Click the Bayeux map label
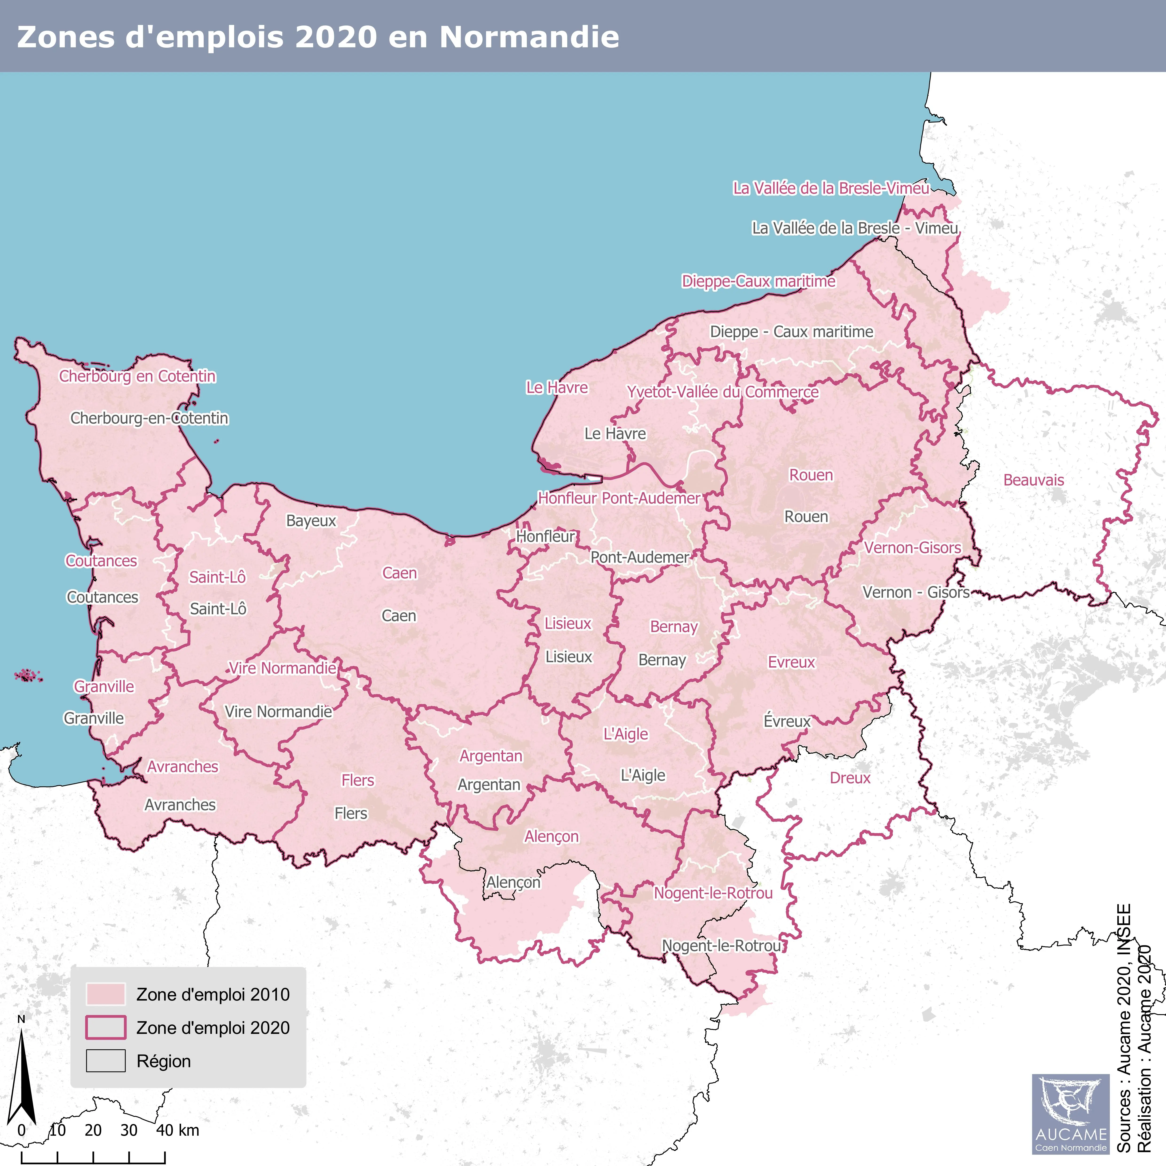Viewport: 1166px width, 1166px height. coord(311,521)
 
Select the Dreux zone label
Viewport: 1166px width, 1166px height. coord(850,778)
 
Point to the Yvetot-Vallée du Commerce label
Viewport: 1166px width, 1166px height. coord(722,392)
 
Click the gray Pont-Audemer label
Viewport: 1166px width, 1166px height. coord(639,558)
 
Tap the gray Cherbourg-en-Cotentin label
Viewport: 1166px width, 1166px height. coord(149,418)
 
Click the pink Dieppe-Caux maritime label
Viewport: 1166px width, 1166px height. coord(758,281)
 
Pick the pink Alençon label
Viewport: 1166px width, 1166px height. coord(551,836)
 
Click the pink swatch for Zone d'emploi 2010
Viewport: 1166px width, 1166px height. coord(106,994)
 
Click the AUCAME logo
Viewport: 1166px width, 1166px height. coord(1070,1114)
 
